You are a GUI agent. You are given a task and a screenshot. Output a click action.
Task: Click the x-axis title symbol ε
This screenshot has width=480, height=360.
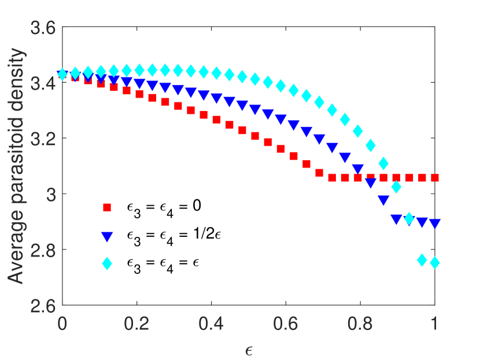[249, 350]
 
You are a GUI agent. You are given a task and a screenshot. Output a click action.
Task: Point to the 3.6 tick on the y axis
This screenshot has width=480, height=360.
[43, 28]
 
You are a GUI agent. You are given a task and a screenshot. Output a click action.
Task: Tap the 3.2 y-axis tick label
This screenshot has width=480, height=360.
[43, 139]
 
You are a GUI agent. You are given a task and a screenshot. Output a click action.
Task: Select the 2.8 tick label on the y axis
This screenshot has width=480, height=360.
[43, 250]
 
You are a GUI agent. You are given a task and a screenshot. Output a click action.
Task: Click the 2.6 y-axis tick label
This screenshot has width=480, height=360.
[43, 305]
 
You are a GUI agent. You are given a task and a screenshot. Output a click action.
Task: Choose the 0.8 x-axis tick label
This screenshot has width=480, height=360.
[360, 322]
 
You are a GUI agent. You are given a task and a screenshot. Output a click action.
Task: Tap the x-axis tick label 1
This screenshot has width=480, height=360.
[435, 322]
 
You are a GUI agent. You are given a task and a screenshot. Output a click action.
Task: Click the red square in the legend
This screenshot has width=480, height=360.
[106, 207]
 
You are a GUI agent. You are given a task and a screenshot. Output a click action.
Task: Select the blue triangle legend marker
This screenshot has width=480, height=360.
[106, 235]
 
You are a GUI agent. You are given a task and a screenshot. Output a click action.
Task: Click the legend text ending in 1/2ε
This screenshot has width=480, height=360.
[168, 235]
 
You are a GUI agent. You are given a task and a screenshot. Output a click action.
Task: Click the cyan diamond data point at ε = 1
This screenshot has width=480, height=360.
[434, 262]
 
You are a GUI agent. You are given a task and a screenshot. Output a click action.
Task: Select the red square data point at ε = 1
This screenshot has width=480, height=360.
[434, 177]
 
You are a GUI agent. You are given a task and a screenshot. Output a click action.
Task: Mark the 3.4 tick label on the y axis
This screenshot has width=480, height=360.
[43, 83]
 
